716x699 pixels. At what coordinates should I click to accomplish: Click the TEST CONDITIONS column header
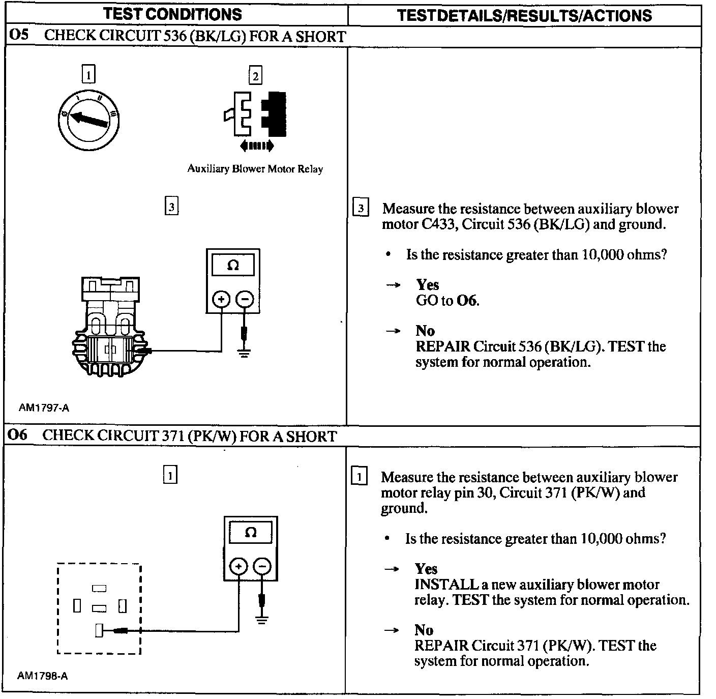click(x=173, y=14)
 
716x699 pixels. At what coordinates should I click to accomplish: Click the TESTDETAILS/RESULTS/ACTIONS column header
click(x=524, y=15)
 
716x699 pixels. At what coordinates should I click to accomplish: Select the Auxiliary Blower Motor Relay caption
click(x=255, y=169)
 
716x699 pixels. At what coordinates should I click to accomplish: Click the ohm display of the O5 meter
click(x=233, y=266)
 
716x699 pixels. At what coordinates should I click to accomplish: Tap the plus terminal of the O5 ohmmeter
click(x=221, y=299)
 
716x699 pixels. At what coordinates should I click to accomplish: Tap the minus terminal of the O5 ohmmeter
click(x=245, y=299)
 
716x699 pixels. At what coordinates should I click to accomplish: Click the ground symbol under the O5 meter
click(x=245, y=353)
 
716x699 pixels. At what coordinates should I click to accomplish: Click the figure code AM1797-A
click(x=44, y=407)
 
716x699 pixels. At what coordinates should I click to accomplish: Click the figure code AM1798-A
click(x=43, y=676)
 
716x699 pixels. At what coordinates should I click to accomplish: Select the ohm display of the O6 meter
click(x=251, y=533)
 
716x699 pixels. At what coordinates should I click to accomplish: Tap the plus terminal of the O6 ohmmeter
click(x=239, y=566)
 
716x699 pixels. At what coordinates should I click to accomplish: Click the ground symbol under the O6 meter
click(x=262, y=620)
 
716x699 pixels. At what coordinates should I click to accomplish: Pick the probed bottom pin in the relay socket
click(x=99, y=631)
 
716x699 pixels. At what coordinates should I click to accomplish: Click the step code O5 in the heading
click(x=19, y=36)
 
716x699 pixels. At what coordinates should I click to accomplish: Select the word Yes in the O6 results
click(x=426, y=569)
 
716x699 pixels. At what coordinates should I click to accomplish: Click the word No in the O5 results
click(x=425, y=331)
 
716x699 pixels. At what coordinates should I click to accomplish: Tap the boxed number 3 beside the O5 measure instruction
click(x=361, y=208)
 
